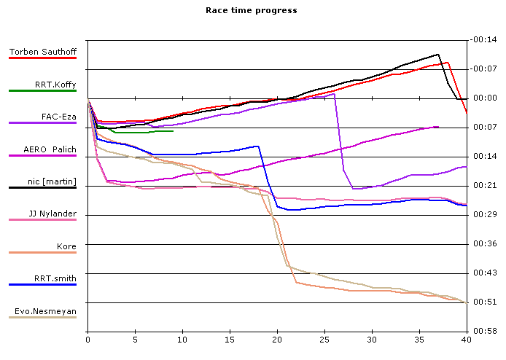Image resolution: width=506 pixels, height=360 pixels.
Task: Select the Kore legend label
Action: click(66, 246)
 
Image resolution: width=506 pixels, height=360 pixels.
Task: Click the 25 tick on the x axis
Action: click(324, 339)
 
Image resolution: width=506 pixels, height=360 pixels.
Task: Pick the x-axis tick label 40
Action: click(467, 339)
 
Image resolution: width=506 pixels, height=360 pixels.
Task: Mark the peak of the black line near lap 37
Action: click(438, 54)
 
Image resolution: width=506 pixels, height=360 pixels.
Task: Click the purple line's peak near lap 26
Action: click(334, 94)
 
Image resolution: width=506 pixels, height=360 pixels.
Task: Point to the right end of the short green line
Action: click(173, 131)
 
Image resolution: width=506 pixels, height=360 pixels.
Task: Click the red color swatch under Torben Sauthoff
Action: click(42, 58)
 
